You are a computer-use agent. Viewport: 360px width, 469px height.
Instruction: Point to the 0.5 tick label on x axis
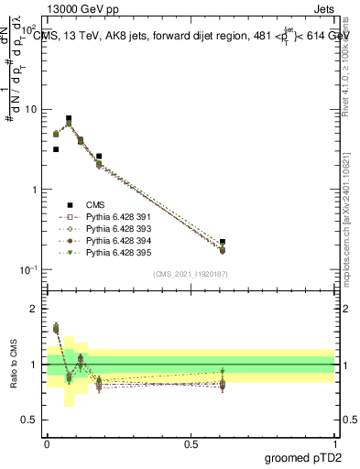pos(191,442)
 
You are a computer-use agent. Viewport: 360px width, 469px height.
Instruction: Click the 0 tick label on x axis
pos(47,442)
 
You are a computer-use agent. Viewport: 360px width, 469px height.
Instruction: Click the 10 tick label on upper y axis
pos(31,110)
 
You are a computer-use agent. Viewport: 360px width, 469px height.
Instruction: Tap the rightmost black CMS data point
pos(223,242)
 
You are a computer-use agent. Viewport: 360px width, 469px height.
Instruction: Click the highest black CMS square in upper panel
pos(69,118)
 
